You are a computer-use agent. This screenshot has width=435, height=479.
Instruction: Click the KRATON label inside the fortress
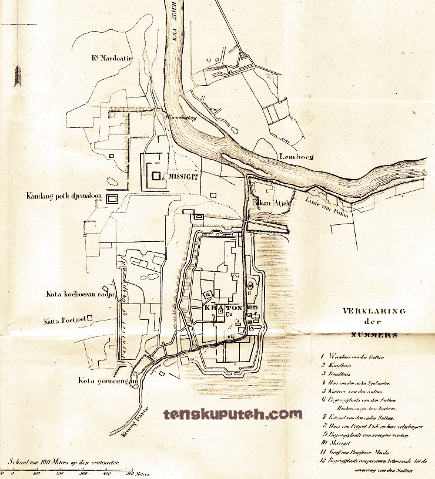click(222, 308)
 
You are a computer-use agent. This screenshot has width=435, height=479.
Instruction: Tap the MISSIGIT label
click(183, 175)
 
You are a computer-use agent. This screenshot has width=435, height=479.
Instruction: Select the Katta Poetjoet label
click(65, 321)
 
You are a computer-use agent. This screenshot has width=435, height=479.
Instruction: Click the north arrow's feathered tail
click(18, 76)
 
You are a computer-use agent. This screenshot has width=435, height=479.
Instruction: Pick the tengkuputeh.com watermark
click(233, 414)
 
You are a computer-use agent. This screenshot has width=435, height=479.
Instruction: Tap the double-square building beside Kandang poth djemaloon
click(112, 198)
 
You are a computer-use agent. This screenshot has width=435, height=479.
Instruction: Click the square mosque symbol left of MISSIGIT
click(156, 175)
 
